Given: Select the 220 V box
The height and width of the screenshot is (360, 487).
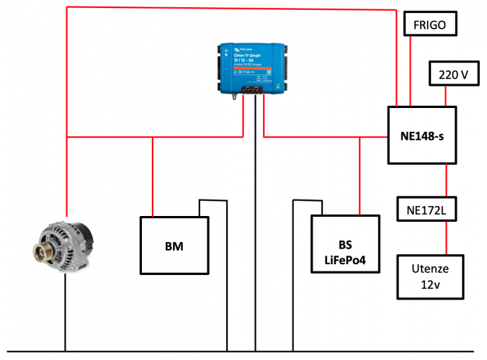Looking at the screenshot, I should point(453,73).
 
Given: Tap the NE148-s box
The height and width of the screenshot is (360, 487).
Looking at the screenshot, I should point(422,135).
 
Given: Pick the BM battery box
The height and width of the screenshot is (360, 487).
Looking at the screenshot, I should point(174,246).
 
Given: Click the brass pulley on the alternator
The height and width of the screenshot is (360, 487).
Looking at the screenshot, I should point(39,252).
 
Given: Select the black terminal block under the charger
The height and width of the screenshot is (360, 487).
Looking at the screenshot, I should point(254,91).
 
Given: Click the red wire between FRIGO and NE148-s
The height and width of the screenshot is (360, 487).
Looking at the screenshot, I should point(410,71).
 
